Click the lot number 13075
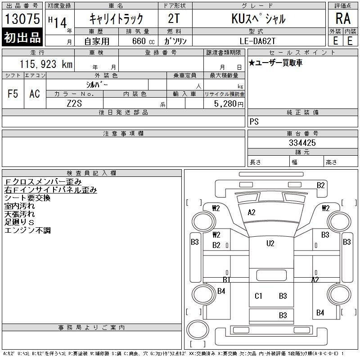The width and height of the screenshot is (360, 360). [22, 18]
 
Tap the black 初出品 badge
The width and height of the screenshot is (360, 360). [22, 37]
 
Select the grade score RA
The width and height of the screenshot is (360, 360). [343, 18]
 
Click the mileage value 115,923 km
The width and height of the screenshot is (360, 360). [46, 64]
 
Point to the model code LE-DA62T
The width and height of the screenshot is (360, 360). [257, 41]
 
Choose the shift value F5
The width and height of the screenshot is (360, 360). [13, 94]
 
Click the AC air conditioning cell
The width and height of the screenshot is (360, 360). [35, 94]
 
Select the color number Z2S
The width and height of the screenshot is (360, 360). [74, 103]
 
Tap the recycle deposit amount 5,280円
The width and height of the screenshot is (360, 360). [229, 103]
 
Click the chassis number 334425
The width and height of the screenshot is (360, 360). [302, 143]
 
